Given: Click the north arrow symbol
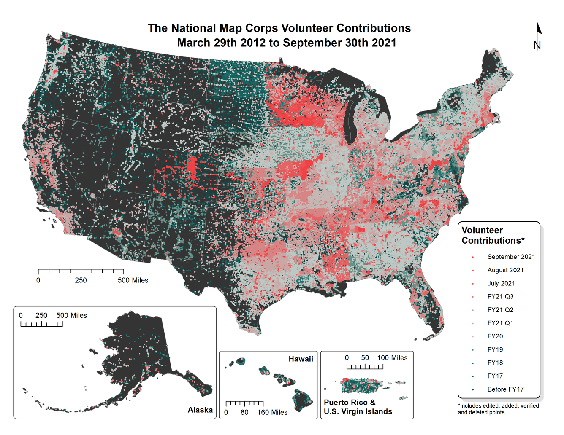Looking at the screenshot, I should pos(538,36).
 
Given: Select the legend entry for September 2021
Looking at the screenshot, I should pos(511,257).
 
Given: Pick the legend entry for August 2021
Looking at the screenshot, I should pos(505,270).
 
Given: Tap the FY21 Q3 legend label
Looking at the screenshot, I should pos(500,297).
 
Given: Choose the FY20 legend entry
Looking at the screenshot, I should pos(495,336).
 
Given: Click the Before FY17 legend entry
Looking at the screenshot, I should pos(505,389).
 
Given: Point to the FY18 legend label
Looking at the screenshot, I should pos(495,363).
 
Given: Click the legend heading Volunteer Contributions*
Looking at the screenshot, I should pos(493,235).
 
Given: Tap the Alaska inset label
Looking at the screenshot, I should pos(200,410).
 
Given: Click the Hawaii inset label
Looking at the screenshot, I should pos(301,359).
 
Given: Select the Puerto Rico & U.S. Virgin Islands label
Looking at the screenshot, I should pos(358,407).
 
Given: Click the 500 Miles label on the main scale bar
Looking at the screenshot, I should pos(133,280).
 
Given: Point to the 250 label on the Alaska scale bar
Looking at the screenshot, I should pos(41,316).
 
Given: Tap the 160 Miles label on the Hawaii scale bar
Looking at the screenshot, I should pos(272,412).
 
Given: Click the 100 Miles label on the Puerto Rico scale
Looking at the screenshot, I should pos(392,358).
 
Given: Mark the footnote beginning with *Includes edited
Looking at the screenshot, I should pos(499,409).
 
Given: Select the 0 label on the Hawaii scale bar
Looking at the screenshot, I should pos(226,412).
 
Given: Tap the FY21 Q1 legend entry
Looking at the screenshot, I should pos(500,323).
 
